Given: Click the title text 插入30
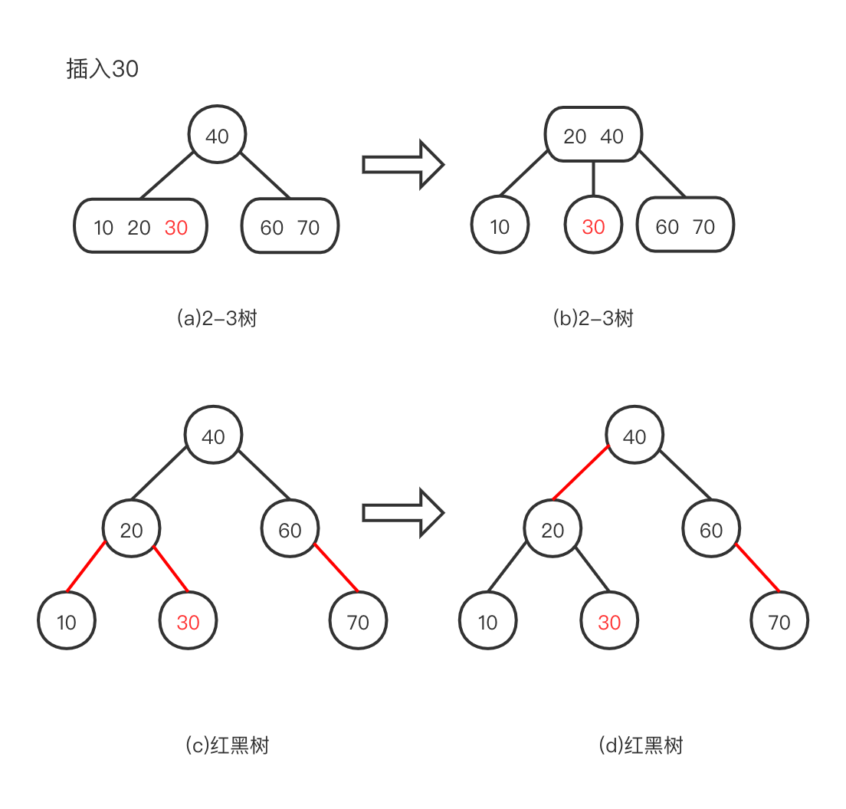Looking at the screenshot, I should pos(103,69).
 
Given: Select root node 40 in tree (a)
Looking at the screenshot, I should pos(217,136).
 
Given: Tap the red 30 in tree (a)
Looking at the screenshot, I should pos(176,227).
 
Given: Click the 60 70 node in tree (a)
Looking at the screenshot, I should pos(290,227).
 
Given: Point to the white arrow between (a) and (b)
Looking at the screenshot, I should pos(402,163).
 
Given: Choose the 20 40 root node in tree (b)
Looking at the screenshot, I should pos(593,136).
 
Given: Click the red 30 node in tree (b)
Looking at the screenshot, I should pos(593,227).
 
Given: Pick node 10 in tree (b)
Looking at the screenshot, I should pos(500,227).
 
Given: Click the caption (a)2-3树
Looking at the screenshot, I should pos(216,318).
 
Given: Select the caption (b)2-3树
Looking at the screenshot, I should pos(593,318).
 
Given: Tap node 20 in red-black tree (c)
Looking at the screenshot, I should pos(132,530).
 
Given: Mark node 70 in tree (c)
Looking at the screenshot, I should pos(358,622).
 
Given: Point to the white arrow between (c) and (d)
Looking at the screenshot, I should pos(402,512).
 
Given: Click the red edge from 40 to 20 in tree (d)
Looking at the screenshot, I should pos(580,475).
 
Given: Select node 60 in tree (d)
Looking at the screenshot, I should pos(711,530).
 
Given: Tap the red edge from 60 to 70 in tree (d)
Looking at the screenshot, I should pos(758,568).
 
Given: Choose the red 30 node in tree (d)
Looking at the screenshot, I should pos(609,622).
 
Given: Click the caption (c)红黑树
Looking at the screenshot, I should pos(227,745).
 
